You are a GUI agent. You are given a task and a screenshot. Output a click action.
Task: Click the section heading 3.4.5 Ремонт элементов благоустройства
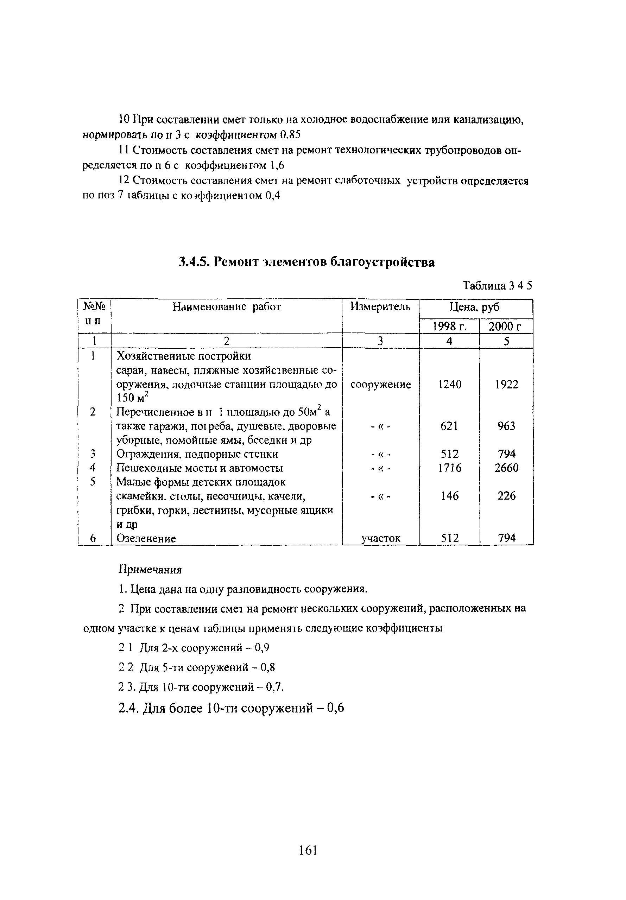click(306, 261)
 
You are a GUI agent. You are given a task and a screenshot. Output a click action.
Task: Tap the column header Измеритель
click(380, 306)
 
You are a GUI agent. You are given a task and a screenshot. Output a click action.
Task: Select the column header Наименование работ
click(227, 306)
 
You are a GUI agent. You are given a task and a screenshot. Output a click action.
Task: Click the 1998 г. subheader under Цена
click(449, 326)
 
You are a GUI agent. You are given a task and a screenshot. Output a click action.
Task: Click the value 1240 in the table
click(450, 385)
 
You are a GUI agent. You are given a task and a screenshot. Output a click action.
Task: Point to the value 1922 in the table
click(506, 385)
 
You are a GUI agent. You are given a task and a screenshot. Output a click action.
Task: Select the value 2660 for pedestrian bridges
click(506, 468)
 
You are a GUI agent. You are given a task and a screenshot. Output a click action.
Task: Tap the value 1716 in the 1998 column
click(450, 468)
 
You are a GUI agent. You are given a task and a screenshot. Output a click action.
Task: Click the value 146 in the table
click(450, 496)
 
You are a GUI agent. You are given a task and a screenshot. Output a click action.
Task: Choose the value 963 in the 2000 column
click(506, 426)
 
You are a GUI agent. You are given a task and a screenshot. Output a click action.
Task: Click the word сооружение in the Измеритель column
click(380, 385)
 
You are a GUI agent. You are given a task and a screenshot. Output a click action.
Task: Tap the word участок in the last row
click(380, 539)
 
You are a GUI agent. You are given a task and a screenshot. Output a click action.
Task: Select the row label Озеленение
click(146, 538)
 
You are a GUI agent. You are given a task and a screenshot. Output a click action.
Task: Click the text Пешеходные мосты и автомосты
click(200, 468)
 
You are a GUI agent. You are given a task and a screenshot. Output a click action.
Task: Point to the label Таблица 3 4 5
click(497, 285)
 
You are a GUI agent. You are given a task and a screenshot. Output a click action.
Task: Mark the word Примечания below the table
click(150, 569)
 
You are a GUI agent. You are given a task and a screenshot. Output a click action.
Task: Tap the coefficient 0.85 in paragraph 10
click(290, 135)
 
